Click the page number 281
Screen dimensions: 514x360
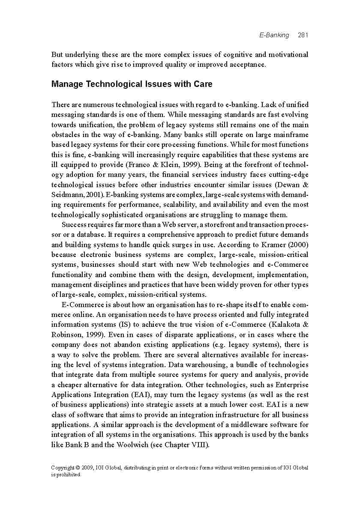(303, 35)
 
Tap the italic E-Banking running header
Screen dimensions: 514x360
(274, 35)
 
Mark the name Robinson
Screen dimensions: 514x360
(67, 335)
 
